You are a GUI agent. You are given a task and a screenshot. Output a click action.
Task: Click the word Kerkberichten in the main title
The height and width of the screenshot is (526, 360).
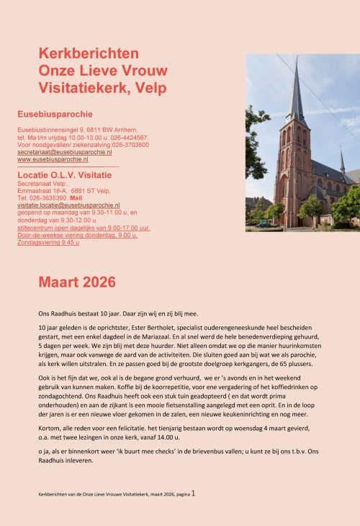pyautogui.click(x=89, y=54)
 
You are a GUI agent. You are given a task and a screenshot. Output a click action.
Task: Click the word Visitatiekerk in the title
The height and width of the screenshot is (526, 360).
pyautogui.click(x=79, y=88)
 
